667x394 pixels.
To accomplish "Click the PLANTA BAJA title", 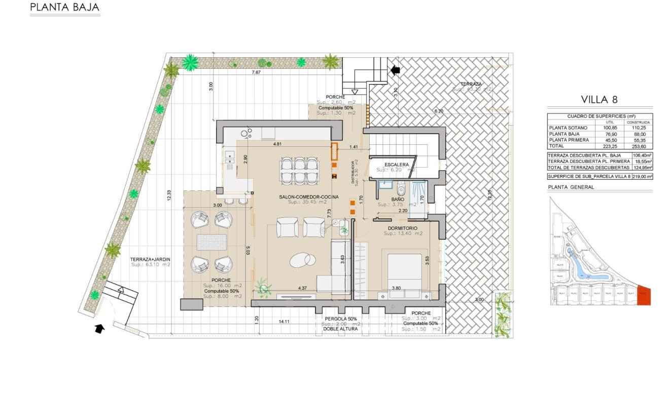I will pos(64,8).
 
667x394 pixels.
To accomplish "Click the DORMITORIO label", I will pos(403,228).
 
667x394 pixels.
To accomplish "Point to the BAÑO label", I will pos(397,200).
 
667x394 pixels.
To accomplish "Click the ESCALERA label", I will pos(396,165).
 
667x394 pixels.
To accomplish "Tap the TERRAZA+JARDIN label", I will pos(150,259).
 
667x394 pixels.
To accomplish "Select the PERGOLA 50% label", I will pos(341,319).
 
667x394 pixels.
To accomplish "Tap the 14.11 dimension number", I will pos(284,322).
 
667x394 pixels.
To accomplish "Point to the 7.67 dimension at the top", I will pos(257,72).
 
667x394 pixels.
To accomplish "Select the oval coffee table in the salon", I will pos(303,260).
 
